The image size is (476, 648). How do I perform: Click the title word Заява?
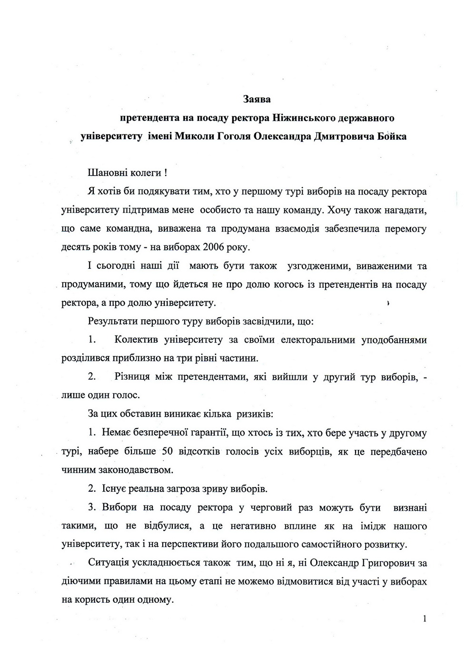257,100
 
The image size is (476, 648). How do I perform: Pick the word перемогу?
405,229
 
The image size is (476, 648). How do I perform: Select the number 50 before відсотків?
167,452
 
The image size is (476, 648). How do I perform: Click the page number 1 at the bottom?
424,619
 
